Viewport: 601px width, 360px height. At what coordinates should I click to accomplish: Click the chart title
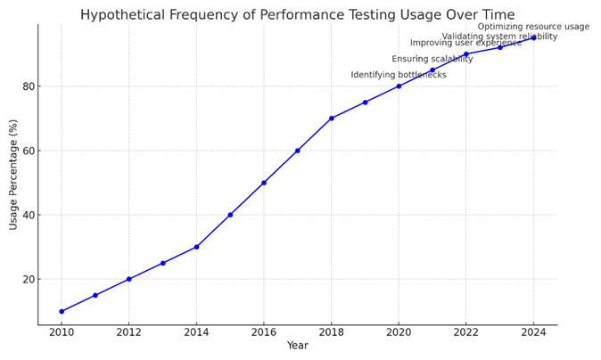(x=297, y=14)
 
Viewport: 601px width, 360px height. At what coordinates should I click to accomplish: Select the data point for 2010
(x=62, y=311)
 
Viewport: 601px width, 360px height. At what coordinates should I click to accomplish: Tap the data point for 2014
(x=196, y=247)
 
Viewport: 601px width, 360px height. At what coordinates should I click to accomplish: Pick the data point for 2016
(x=264, y=183)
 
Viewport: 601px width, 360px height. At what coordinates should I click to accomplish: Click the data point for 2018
(x=331, y=119)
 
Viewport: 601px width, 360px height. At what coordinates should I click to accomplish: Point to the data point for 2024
(x=533, y=37)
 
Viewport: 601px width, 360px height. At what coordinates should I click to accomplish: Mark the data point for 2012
(x=129, y=279)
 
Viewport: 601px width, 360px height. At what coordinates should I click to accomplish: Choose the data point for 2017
(x=298, y=151)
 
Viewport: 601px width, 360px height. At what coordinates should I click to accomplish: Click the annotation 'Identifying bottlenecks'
(x=399, y=75)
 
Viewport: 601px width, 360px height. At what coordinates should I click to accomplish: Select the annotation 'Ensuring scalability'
(x=432, y=59)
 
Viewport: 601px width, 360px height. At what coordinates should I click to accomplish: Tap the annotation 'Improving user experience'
(x=465, y=43)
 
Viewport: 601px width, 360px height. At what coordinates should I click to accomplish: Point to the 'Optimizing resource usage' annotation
(x=533, y=27)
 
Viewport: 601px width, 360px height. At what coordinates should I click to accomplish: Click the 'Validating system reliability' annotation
(x=499, y=37)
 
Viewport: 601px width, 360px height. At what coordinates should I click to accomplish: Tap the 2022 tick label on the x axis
(x=465, y=332)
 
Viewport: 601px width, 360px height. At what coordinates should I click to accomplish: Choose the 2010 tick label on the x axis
(x=62, y=332)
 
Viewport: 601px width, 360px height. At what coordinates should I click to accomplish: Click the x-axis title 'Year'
(x=297, y=346)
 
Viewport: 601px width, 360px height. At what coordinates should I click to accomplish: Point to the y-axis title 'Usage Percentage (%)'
(x=13, y=175)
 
